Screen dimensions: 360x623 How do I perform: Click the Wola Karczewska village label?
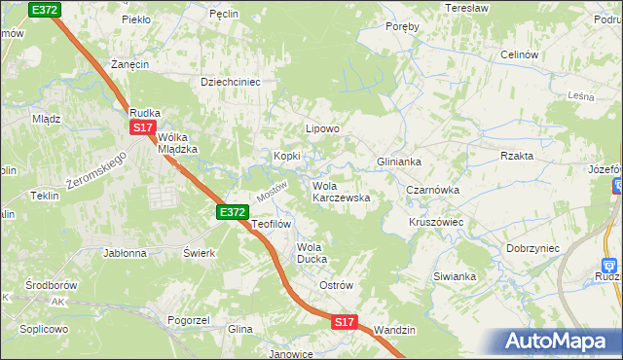340,192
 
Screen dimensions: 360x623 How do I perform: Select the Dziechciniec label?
231,83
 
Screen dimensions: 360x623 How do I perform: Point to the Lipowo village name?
322,128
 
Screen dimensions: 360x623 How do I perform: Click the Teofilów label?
272,224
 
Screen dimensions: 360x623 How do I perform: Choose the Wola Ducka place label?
313,253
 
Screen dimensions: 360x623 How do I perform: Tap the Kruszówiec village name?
435,222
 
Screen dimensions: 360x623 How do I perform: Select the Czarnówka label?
433,191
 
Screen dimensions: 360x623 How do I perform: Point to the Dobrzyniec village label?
532,248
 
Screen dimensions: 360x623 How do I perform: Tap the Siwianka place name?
455,276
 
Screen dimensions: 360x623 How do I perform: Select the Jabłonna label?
125,252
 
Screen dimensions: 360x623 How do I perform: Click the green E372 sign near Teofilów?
233,211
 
